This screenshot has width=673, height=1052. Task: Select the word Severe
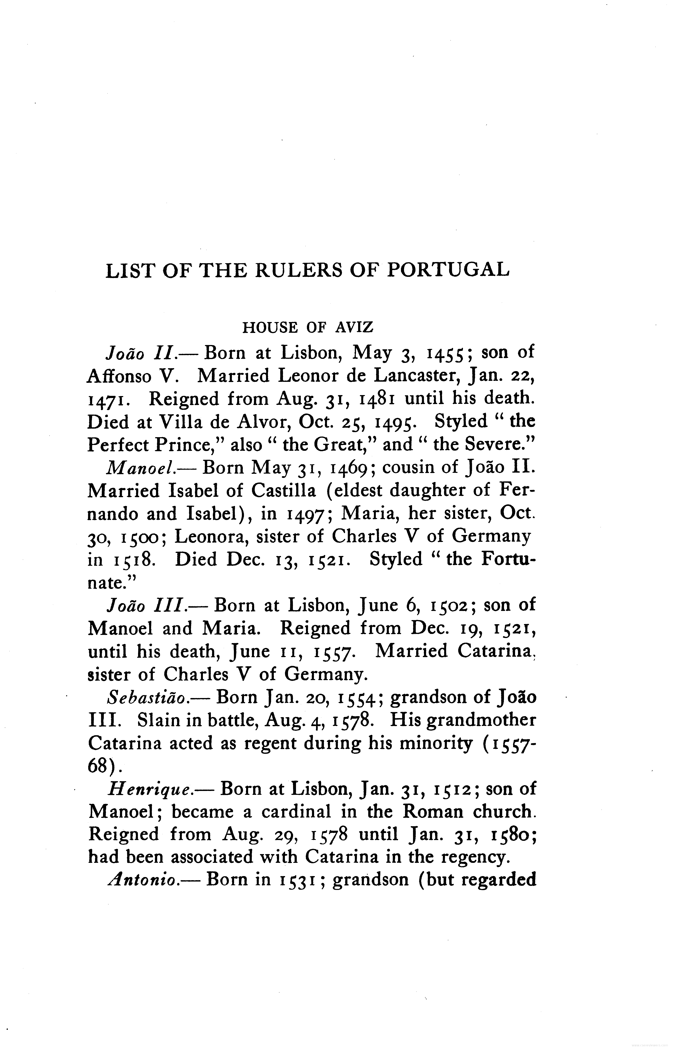click(x=495, y=445)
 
